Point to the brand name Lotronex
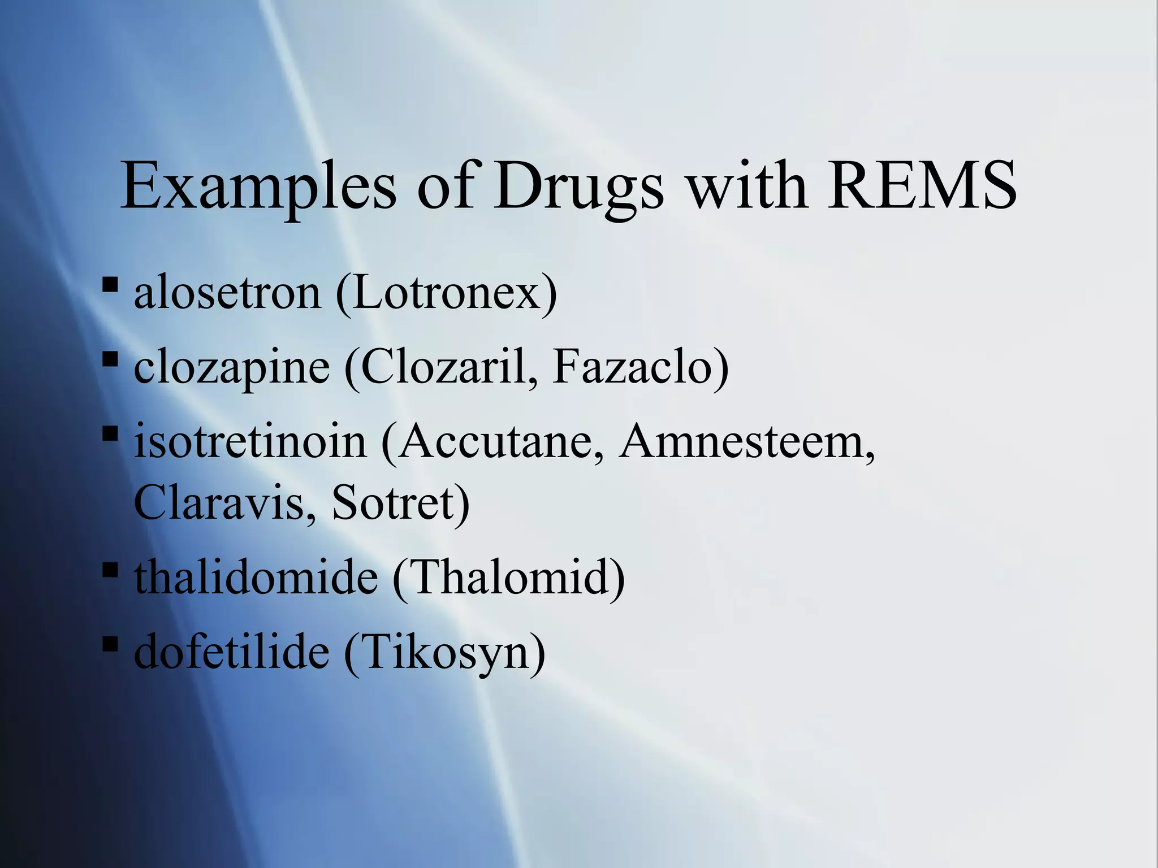[x=447, y=293]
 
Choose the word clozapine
[x=232, y=367]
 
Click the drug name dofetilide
[x=232, y=652]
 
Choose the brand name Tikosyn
[x=444, y=652]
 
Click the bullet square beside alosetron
[x=110, y=284]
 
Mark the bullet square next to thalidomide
[x=110, y=568]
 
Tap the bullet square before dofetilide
[x=110, y=643]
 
